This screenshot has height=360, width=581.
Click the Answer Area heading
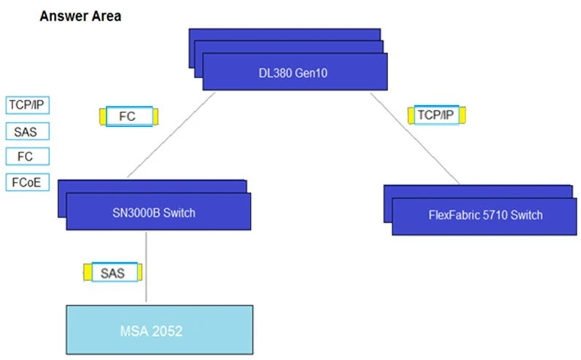(80, 16)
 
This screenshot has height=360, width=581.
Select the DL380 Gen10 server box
(294, 73)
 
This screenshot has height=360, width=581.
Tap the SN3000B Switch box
(158, 212)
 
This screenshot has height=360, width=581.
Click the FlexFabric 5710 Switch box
(485, 215)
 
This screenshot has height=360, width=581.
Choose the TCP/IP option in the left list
(28, 105)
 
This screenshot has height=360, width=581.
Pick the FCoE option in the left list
(27, 181)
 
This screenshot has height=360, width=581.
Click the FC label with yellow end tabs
(128, 116)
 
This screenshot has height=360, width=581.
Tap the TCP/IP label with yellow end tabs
(435, 115)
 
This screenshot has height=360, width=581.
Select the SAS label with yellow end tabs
(113, 273)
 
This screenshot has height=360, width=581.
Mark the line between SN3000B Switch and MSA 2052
(147, 248)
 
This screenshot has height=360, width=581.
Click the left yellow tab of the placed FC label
(102, 116)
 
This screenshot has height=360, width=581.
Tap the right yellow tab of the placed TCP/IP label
(461, 115)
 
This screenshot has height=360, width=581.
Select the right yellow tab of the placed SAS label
(139, 273)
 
